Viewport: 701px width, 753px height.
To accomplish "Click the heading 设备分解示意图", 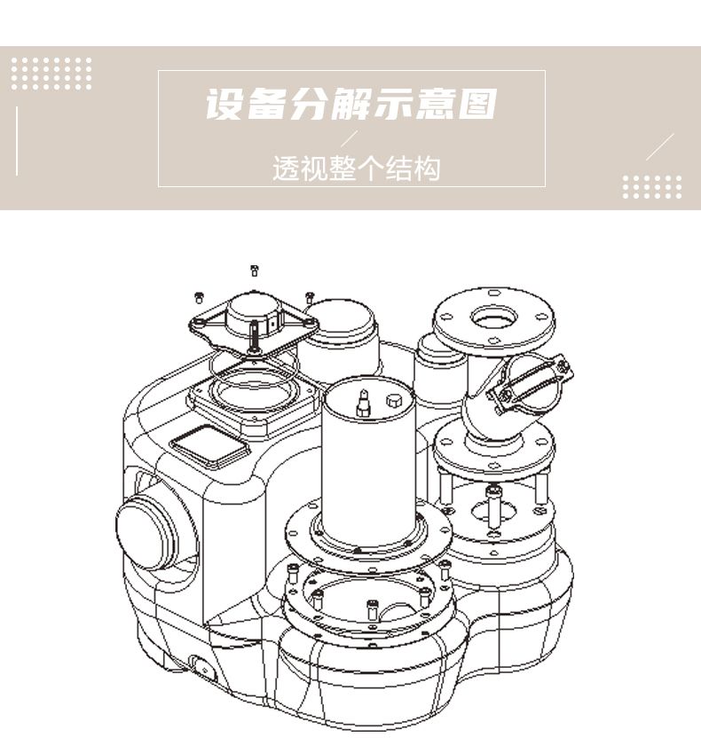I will (x=350, y=105).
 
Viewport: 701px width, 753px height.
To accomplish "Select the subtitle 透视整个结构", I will (x=355, y=168).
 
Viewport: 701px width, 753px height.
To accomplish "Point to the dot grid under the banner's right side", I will (x=652, y=187).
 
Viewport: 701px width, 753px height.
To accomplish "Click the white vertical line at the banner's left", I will (x=17, y=141).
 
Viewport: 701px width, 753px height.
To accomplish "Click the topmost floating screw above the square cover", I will (x=254, y=270).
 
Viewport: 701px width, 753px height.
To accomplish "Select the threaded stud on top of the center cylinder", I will (x=362, y=404).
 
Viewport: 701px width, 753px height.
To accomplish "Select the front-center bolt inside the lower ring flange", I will (x=372, y=609).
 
